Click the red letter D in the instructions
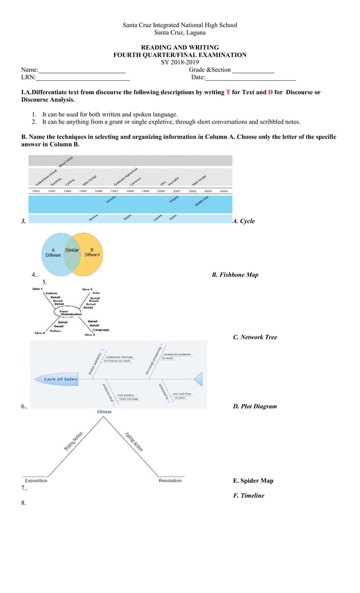pos(270,92)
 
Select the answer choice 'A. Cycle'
pos(244,221)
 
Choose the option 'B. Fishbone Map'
pos(235,275)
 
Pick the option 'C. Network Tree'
pos(255,337)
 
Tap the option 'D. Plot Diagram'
pos(255,406)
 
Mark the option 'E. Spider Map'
pos(253,481)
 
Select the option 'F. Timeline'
pos(248,495)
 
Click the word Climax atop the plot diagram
pos(104,412)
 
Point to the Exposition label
pos(36,481)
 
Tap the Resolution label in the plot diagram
pos(170,481)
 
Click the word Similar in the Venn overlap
pos(72,249)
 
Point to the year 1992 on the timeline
pos(36,191)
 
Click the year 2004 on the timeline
pos(223,191)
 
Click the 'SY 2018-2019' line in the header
pos(180,62)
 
